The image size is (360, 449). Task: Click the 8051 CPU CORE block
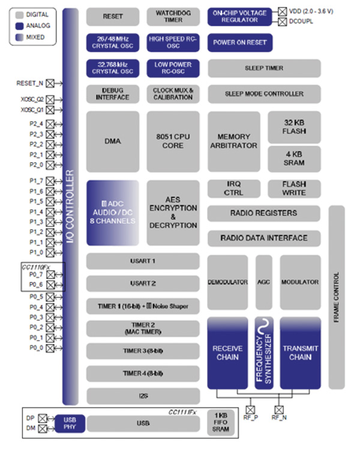click(x=173, y=141)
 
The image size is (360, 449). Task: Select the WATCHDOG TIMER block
click(x=173, y=16)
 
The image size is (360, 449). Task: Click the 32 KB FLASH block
click(x=294, y=127)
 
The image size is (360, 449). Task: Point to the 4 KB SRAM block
click(x=294, y=158)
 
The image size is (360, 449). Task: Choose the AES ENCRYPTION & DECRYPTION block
click(x=173, y=212)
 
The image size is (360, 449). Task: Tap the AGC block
click(x=264, y=282)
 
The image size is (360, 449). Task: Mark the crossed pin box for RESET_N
click(x=50, y=83)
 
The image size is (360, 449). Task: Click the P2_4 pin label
click(x=36, y=124)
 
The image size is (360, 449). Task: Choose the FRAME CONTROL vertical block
click(x=337, y=297)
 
